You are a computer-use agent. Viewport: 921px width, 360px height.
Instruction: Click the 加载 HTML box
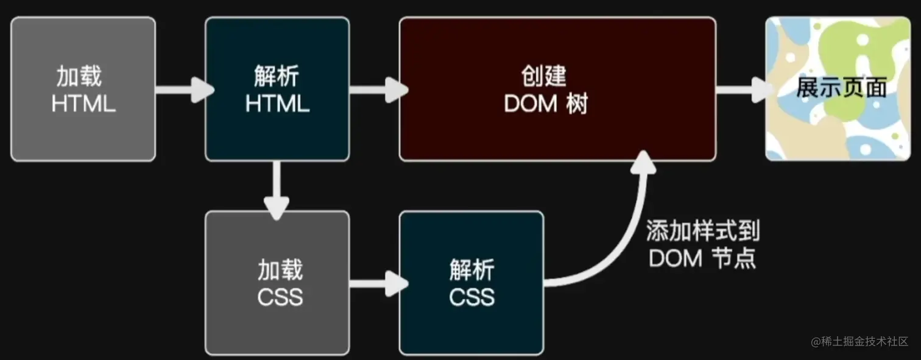[83, 89]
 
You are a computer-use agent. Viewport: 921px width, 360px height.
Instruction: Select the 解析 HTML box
[277, 89]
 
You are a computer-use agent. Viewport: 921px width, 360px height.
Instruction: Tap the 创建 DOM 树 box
[557, 89]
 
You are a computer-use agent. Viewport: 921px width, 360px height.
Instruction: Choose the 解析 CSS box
[471, 283]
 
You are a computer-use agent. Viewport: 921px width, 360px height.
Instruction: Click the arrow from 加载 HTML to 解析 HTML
[183, 90]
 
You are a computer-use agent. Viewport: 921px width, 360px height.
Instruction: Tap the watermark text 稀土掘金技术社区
[865, 342]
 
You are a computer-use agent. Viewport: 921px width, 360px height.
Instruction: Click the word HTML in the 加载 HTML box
[83, 104]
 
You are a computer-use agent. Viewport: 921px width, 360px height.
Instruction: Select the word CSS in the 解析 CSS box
[471, 297]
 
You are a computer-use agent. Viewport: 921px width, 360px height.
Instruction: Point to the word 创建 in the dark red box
[544, 76]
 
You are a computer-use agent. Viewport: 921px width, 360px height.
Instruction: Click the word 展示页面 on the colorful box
[841, 88]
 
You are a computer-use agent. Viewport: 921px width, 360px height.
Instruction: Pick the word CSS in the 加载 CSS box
[280, 297]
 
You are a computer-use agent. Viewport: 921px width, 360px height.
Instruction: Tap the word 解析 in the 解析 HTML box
[277, 77]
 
